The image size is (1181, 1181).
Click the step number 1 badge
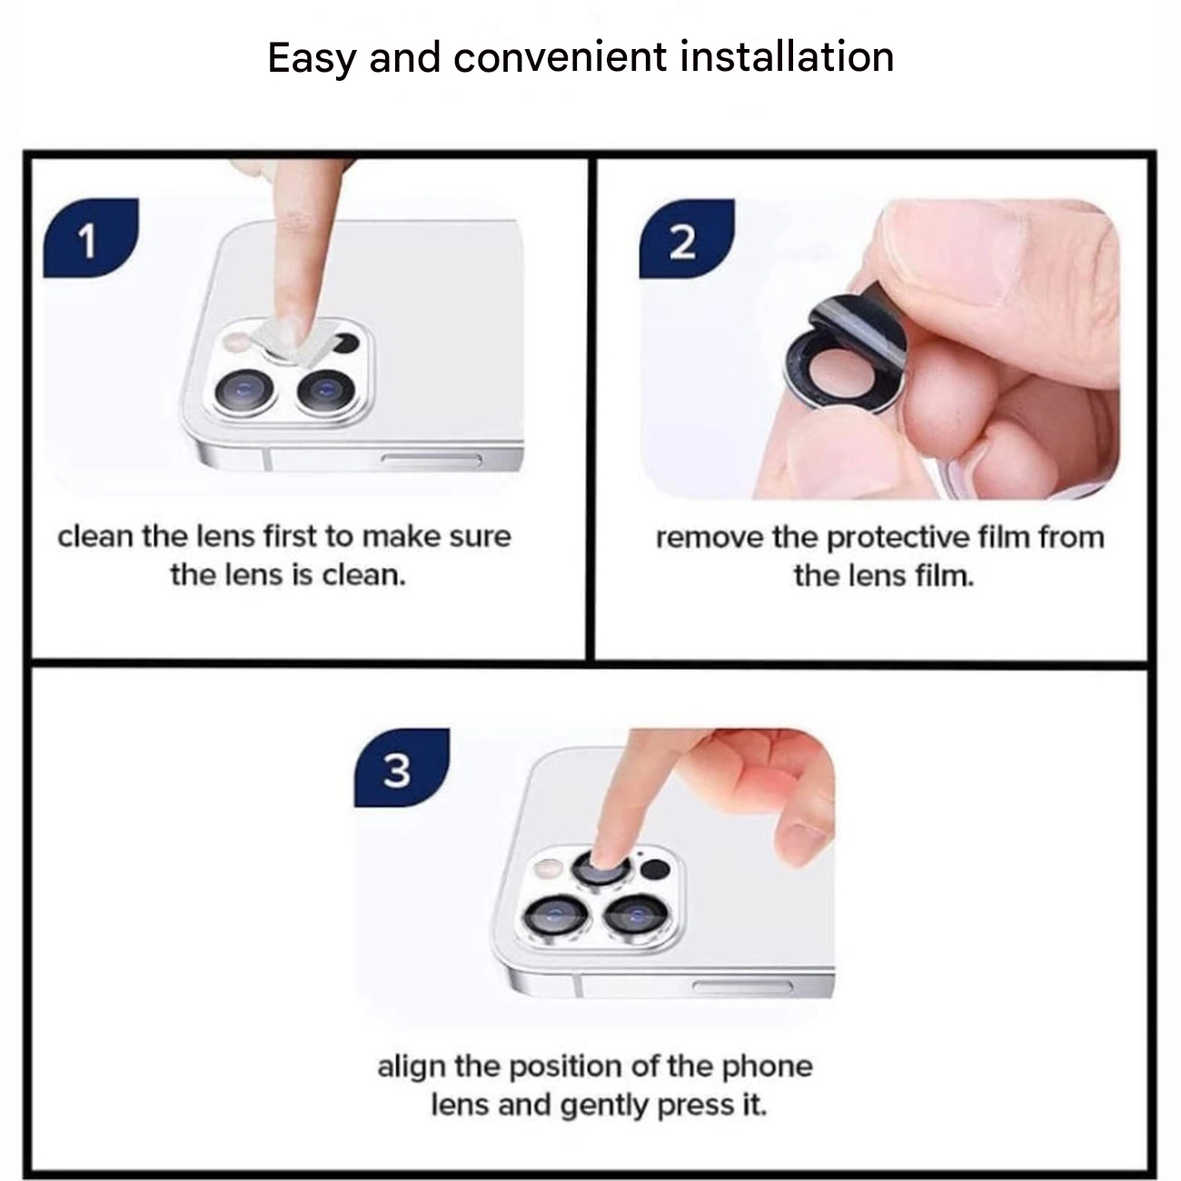pos(91,238)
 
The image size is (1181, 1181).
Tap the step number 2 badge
pos(687,239)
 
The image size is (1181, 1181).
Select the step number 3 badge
pos(402,768)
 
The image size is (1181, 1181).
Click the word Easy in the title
pos(312,59)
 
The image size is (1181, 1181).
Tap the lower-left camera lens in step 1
pos(244,392)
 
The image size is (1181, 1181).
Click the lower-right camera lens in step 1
pos(325,391)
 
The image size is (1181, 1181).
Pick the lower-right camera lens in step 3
pos(636,917)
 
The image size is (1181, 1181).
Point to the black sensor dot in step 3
pos(654,868)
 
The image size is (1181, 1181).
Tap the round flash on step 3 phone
pos(548,868)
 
